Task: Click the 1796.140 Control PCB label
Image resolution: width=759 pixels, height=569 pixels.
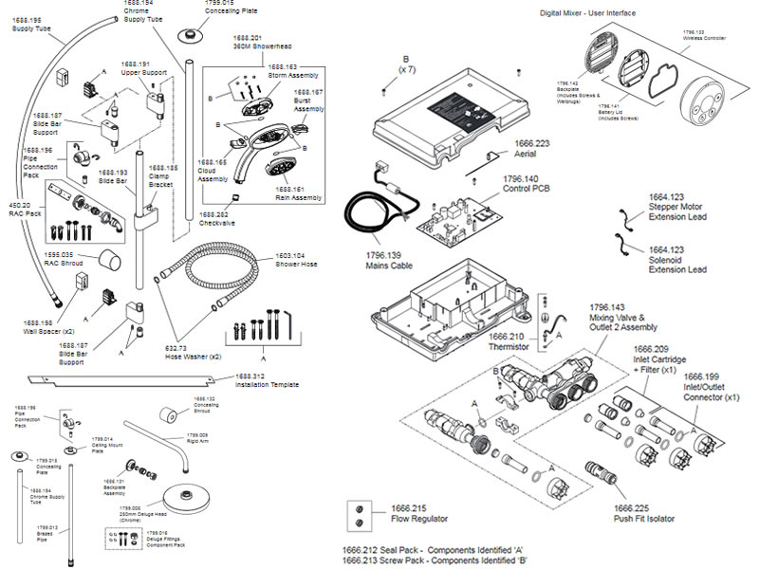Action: tap(518, 184)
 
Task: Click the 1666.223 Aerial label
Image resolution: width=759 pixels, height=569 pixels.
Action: tap(530, 148)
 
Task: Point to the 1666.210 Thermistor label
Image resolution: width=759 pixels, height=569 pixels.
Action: tap(511, 340)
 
